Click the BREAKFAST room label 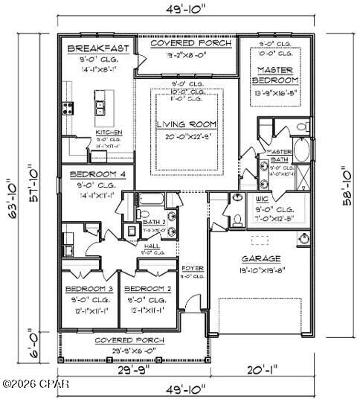click(x=98, y=48)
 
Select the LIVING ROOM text click(x=187, y=124)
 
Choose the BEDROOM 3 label click(x=89, y=288)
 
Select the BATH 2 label click(x=155, y=222)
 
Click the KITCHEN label click(x=109, y=133)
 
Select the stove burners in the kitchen click(x=68, y=108)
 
